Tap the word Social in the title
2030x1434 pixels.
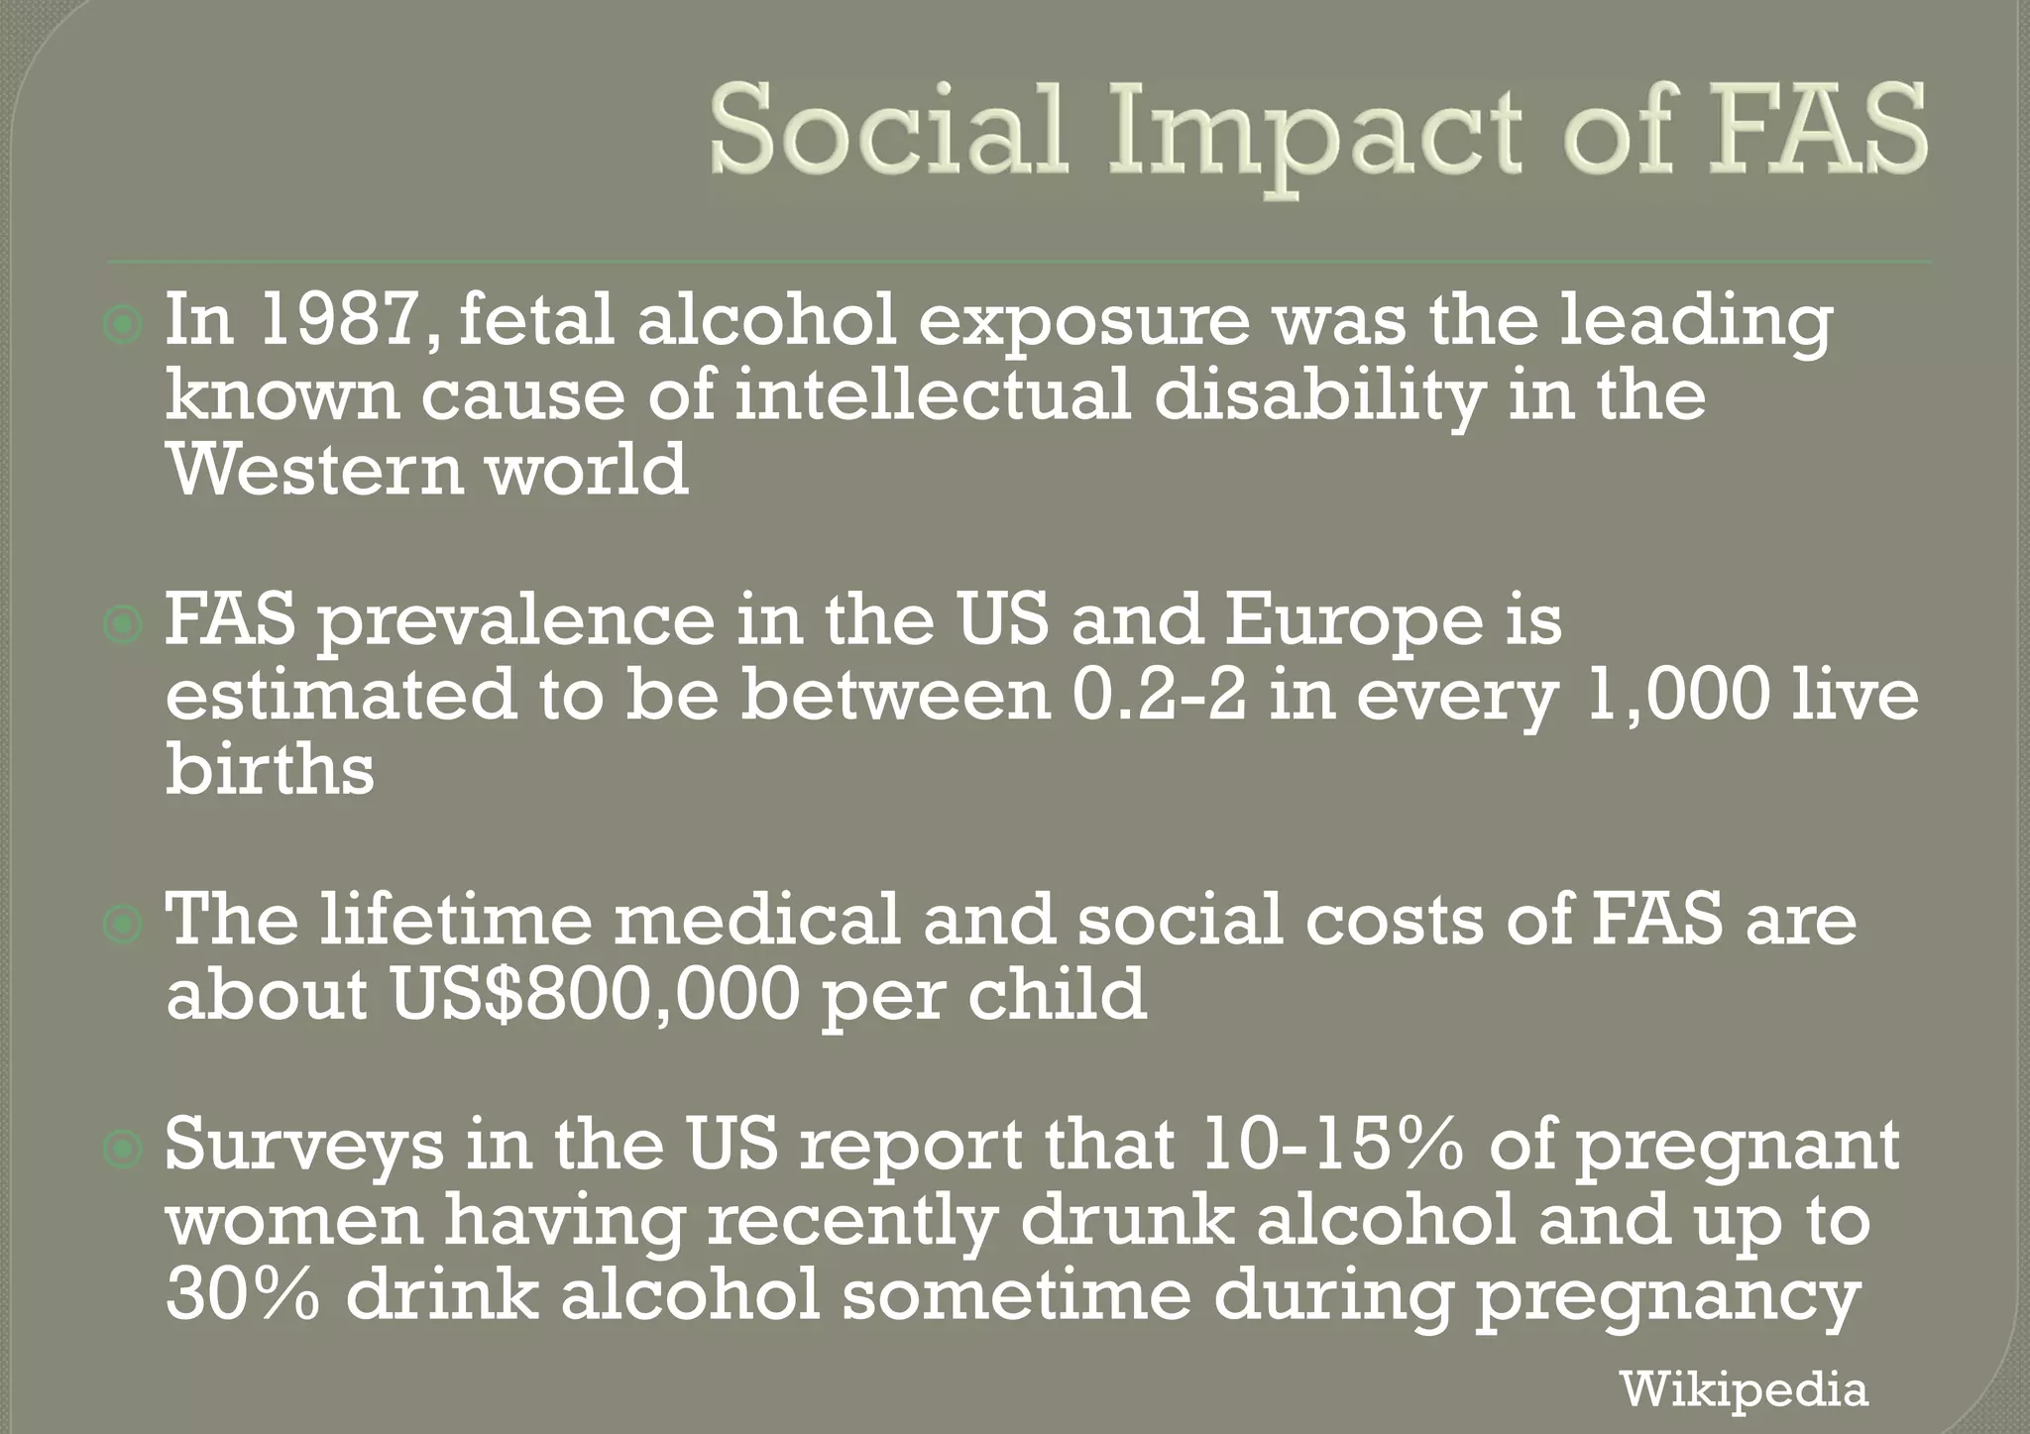pyautogui.click(x=887, y=131)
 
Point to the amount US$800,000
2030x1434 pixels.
pyautogui.click(x=595, y=995)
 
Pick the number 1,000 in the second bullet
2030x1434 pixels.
pyautogui.click(x=1677, y=695)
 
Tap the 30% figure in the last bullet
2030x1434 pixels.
pyautogui.click(x=243, y=1294)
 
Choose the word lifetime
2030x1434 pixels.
pyautogui.click(x=455, y=919)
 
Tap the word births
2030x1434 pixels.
pyautogui.click(x=270, y=769)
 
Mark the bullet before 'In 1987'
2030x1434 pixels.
pyautogui.click(x=123, y=324)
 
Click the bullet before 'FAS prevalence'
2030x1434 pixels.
pyautogui.click(x=123, y=624)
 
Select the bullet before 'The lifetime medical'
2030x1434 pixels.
pyautogui.click(x=123, y=924)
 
